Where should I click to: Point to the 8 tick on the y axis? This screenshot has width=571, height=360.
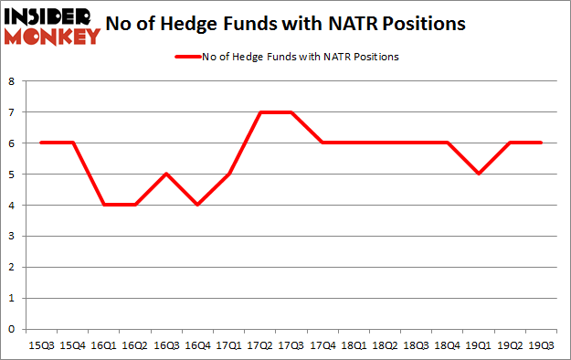[x=12, y=80]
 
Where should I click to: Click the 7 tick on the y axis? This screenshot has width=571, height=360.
[x=12, y=111]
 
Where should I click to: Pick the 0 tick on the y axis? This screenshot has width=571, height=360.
[x=12, y=328]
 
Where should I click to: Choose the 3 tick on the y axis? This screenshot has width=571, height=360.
[x=12, y=236]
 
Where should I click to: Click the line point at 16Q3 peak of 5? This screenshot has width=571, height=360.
[x=166, y=174]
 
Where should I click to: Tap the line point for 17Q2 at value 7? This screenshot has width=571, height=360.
[x=260, y=111]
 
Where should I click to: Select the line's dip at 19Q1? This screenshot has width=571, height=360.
[x=479, y=174]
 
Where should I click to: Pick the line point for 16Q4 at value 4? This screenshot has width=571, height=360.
[x=197, y=205]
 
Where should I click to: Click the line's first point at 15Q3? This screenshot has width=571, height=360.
[x=41, y=143]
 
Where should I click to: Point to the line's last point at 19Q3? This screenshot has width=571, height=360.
[x=541, y=143]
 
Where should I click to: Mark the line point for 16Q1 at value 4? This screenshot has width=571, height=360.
[x=103, y=205]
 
